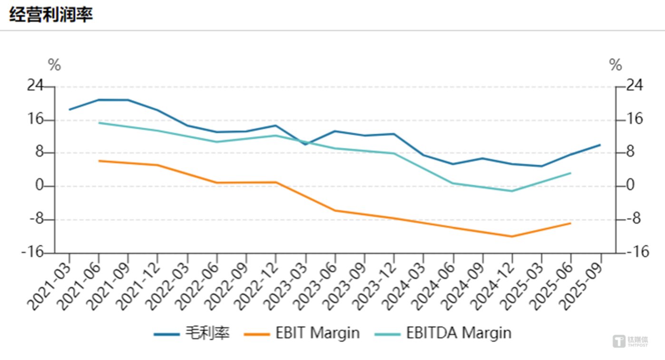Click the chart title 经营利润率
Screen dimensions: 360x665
tap(51, 14)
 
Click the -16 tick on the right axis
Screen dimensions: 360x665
tap(638, 252)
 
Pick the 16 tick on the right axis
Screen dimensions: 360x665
tap(633, 119)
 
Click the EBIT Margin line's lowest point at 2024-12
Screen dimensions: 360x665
tap(512, 236)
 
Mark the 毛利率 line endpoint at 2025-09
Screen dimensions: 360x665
tap(600, 145)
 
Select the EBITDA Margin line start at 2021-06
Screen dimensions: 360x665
tap(99, 123)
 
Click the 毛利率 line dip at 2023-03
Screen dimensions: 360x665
tap(306, 144)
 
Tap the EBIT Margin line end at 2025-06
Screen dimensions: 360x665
tap(570, 223)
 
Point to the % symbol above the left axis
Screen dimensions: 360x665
tap(54, 65)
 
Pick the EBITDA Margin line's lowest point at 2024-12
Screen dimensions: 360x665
tap(512, 191)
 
